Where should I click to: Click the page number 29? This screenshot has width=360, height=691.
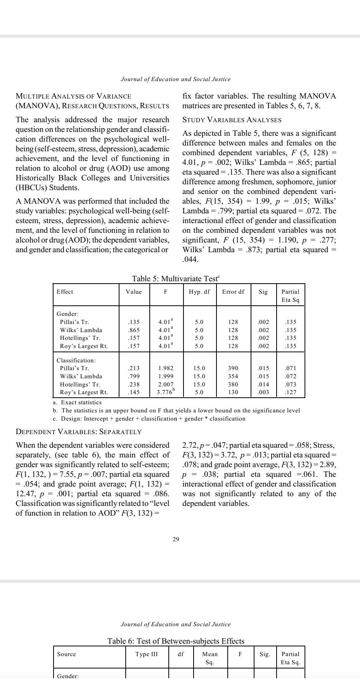click(x=176, y=539)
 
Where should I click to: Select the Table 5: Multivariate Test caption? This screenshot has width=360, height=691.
click(x=176, y=279)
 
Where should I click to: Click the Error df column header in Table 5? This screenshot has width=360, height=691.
click(x=233, y=292)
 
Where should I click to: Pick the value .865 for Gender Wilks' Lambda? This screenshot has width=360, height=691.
click(x=134, y=330)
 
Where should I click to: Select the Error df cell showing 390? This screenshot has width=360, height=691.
click(x=233, y=368)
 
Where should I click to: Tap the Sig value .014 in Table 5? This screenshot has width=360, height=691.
click(x=263, y=384)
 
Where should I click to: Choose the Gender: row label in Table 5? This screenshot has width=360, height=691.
click(x=67, y=313)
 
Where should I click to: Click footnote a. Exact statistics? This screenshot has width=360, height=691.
click(x=77, y=402)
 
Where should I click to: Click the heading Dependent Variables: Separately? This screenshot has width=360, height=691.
click(x=78, y=432)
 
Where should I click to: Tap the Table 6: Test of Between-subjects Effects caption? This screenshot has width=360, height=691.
click(x=176, y=641)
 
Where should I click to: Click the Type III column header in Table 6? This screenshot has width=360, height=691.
click(x=146, y=654)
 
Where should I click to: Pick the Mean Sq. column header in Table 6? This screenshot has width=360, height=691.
click(x=210, y=658)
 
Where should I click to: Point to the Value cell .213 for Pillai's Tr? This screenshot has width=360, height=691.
click(x=134, y=368)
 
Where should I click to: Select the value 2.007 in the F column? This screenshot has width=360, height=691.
click(x=166, y=384)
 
